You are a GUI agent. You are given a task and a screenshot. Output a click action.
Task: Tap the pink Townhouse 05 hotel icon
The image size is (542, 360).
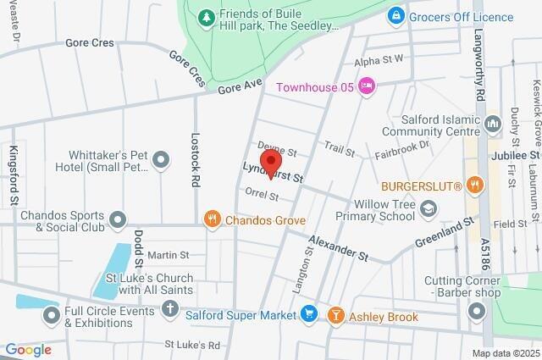coord(366,85)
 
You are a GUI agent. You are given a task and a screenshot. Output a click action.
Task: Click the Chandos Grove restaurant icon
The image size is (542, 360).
coord(213,220)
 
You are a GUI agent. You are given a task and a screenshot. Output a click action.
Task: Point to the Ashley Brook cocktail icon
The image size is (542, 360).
coord(336,315)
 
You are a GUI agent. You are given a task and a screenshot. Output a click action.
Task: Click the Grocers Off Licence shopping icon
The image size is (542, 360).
coord(395,16)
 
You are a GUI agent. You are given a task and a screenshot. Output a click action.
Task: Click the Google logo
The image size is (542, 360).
coord(28,350)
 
